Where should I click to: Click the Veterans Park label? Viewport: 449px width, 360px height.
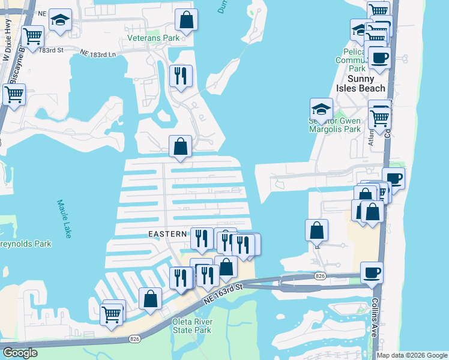click(x=154, y=38)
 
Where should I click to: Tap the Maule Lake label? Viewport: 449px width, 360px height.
click(x=64, y=218)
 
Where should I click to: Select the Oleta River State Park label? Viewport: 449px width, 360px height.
click(x=191, y=326)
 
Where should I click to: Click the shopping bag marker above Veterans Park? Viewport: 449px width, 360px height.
click(x=187, y=20)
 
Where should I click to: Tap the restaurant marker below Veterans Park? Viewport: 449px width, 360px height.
click(x=180, y=76)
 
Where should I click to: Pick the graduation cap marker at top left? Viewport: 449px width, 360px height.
click(x=59, y=20)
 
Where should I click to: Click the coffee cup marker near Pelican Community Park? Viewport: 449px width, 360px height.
click(x=379, y=58)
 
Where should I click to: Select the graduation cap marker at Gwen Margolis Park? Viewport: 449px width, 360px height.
click(x=321, y=110)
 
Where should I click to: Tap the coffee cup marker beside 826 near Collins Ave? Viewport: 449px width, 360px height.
click(x=372, y=273)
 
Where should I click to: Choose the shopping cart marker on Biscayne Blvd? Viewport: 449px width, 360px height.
click(x=14, y=95)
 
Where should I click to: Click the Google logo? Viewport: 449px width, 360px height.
click(x=20, y=353)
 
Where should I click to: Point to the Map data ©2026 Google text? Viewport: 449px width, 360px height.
click(x=411, y=355)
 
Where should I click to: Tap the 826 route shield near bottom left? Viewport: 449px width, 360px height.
click(x=134, y=340)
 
